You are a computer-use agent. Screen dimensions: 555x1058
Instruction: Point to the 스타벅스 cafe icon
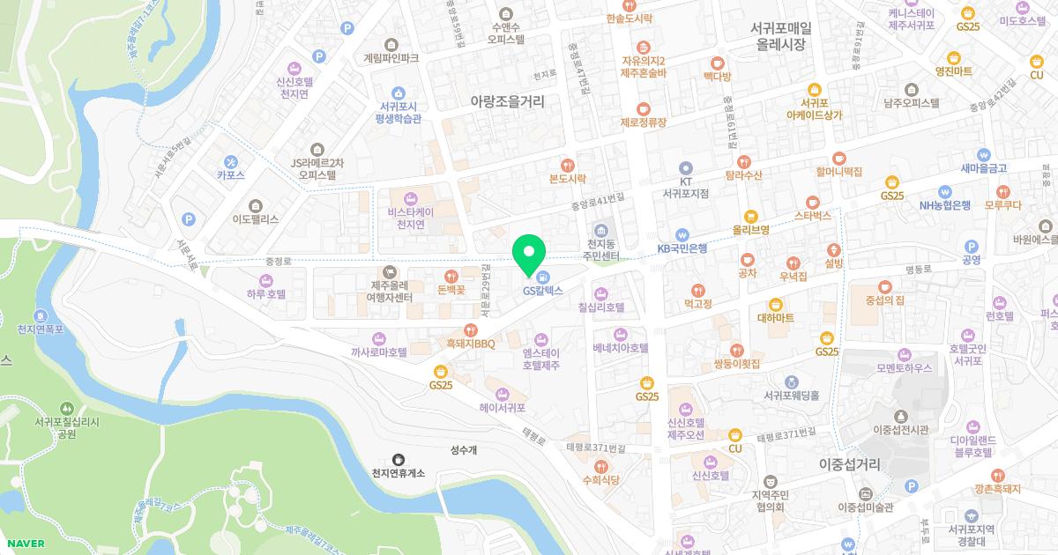(812, 201)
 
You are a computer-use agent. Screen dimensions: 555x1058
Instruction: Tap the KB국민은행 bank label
(682, 248)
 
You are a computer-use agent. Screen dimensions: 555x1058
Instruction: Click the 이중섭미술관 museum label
(866, 507)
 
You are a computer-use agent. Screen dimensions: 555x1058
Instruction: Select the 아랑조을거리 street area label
(508, 101)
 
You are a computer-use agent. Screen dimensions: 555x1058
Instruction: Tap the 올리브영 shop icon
(751, 215)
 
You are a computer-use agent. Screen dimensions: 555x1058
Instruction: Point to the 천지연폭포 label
(41, 329)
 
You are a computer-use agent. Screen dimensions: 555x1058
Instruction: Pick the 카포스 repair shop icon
(231, 161)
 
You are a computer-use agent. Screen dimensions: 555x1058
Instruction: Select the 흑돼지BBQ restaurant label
(471, 343)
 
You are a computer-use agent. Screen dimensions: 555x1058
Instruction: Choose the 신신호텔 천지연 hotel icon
(294, 68)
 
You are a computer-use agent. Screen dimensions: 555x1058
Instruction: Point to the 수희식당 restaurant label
(601, 479)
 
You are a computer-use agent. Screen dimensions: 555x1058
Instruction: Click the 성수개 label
(464, 450)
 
